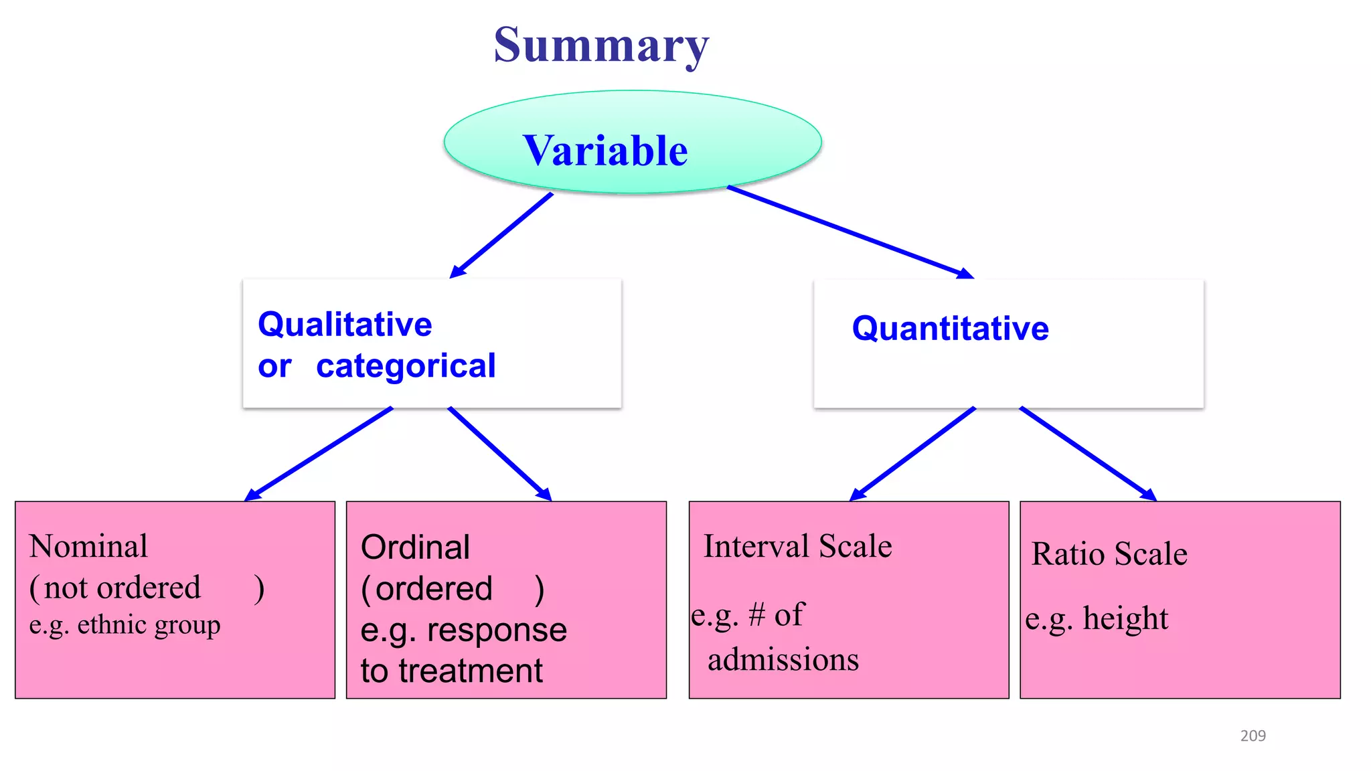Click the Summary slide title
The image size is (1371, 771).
(x=601, y=46)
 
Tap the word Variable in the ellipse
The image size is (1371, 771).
(x=605, y=151)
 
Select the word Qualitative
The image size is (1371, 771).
(x=345, y=325)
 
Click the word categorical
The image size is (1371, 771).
(x=406, y=366)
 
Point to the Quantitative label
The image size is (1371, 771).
(x=950, y=329)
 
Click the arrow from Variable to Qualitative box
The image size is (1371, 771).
(x=502, y=235)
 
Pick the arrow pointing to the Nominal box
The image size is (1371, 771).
(x=319, y=454)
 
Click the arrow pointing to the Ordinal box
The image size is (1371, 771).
(x=499, y=454)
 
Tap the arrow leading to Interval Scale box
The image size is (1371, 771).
(x=913, y=454)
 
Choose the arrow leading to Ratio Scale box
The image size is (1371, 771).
(x=1088, y=454)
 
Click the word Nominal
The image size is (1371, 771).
(x=88, y=546)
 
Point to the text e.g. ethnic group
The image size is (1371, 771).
(x=125, y=625)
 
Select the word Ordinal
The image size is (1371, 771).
(x=415, y=547)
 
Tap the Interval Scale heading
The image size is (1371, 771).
(x=797, y=546)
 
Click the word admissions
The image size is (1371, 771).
(x=783, y=660)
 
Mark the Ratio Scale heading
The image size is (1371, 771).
(x=1109, y=554)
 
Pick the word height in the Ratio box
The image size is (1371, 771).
(x=1125, y=618)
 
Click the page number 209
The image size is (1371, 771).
(x=1253, y=736)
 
